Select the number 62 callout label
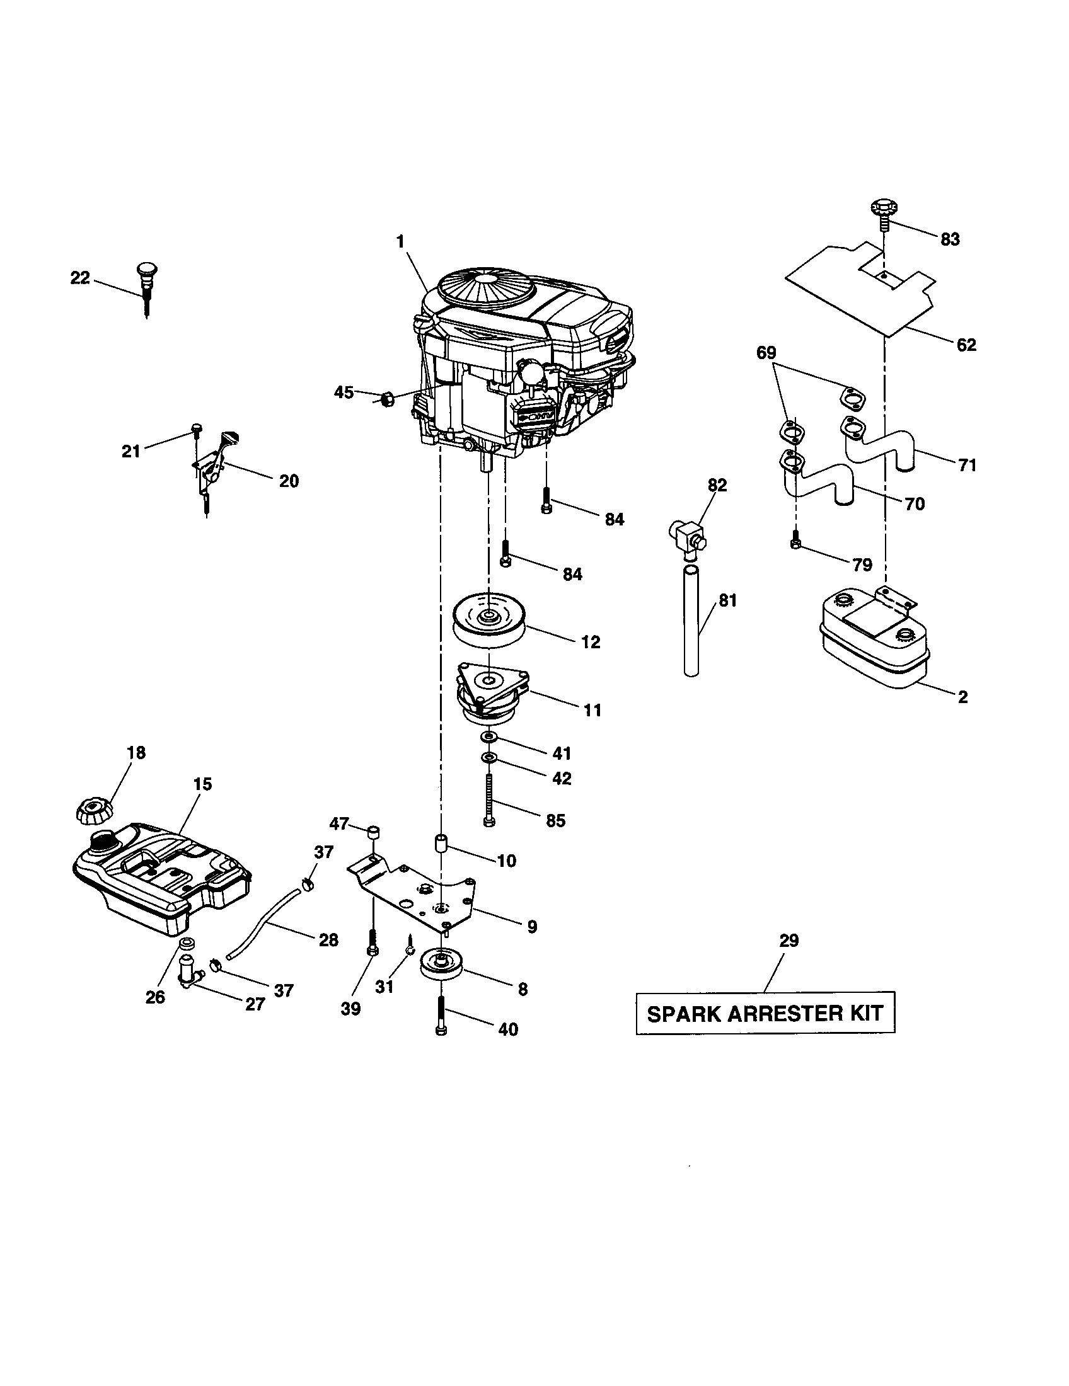tap(966, 345)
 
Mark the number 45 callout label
tap(344, 393)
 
